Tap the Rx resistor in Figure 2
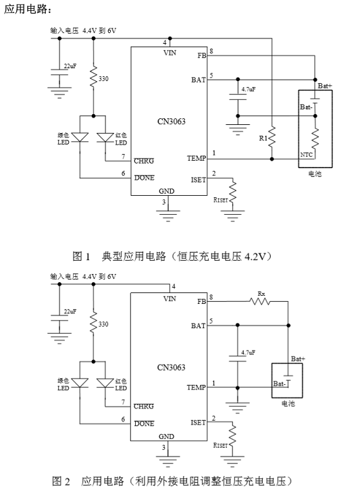coord(260,301)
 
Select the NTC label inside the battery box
coord(306,155)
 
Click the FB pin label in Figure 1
coord(201,55)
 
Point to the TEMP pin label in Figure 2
coord(197,388)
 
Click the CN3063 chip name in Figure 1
coord(172,121)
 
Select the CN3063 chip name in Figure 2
coord(172,367)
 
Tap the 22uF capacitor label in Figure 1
coord(70,66)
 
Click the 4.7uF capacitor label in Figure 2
coord(249,353)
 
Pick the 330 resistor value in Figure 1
coord(103,78)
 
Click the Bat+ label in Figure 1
coord(325,86)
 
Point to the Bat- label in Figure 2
coord(280,384)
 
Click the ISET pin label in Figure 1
coord(199,180)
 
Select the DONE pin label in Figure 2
coord(145,423)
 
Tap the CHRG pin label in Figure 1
coord(144,161)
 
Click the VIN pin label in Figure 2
coord(170,299)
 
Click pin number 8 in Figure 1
coord(211,51)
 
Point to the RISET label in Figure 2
coord(220,445)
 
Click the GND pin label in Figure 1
coord(167,191)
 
